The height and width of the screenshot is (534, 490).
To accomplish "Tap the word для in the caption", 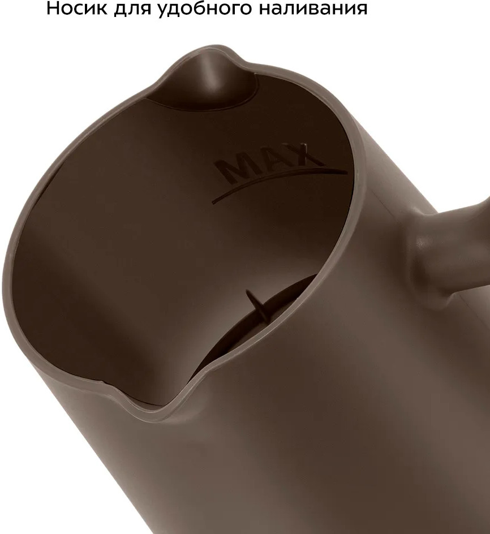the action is click(133, 9).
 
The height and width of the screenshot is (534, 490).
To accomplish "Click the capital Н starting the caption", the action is click(53, 8).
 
